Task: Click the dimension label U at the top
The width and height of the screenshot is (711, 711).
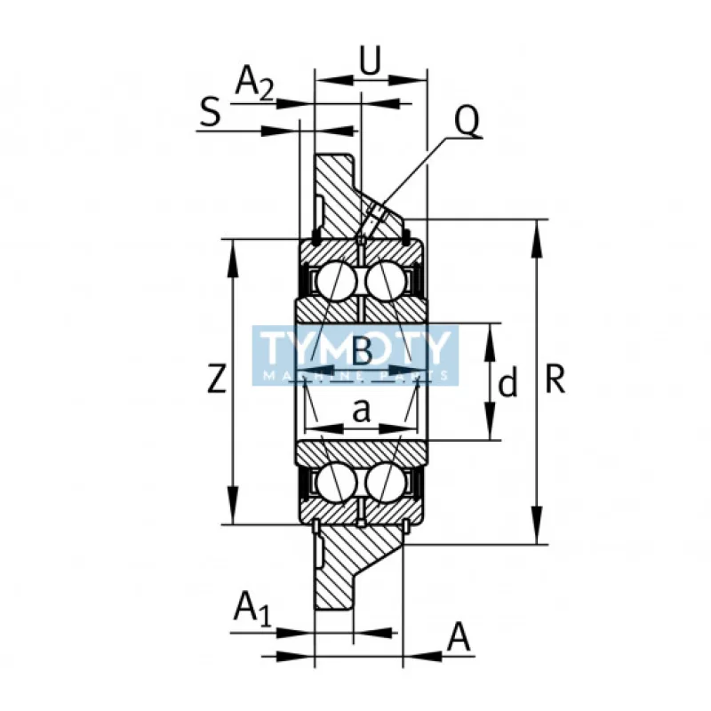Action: click(371, 60)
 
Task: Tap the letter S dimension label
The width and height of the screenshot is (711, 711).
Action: click(210, 114)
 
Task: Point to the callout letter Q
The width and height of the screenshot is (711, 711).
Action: click(467, 120)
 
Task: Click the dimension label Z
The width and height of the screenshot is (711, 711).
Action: click(215, 380)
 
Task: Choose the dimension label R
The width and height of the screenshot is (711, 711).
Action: click(555, 380)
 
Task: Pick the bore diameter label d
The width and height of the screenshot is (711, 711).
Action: click(507, 384)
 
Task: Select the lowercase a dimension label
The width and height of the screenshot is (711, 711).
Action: click(361, 410)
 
